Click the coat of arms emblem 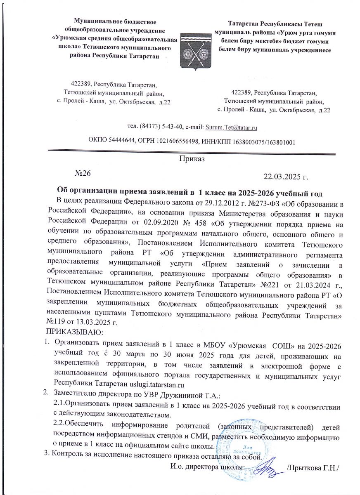click(195, 48)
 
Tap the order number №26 click(82, 173)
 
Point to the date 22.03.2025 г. click(286, 178)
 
